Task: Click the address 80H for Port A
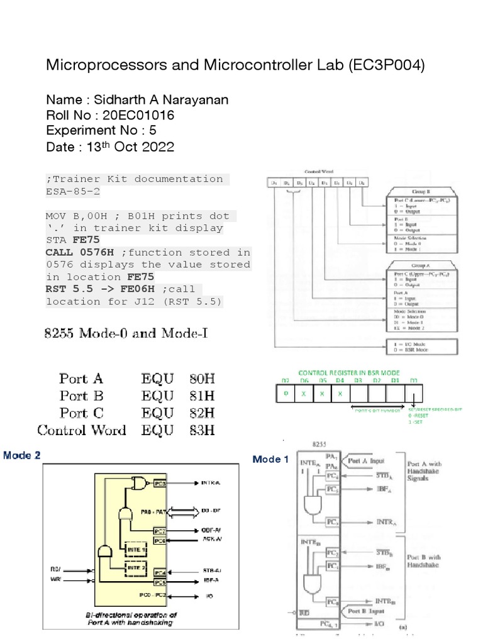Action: click(202, 379)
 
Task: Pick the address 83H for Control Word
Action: click(202, 431)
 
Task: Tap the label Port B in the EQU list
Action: click(81, 396)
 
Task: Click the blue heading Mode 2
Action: click(23, 455)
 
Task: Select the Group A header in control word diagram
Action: click(411, 265)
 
